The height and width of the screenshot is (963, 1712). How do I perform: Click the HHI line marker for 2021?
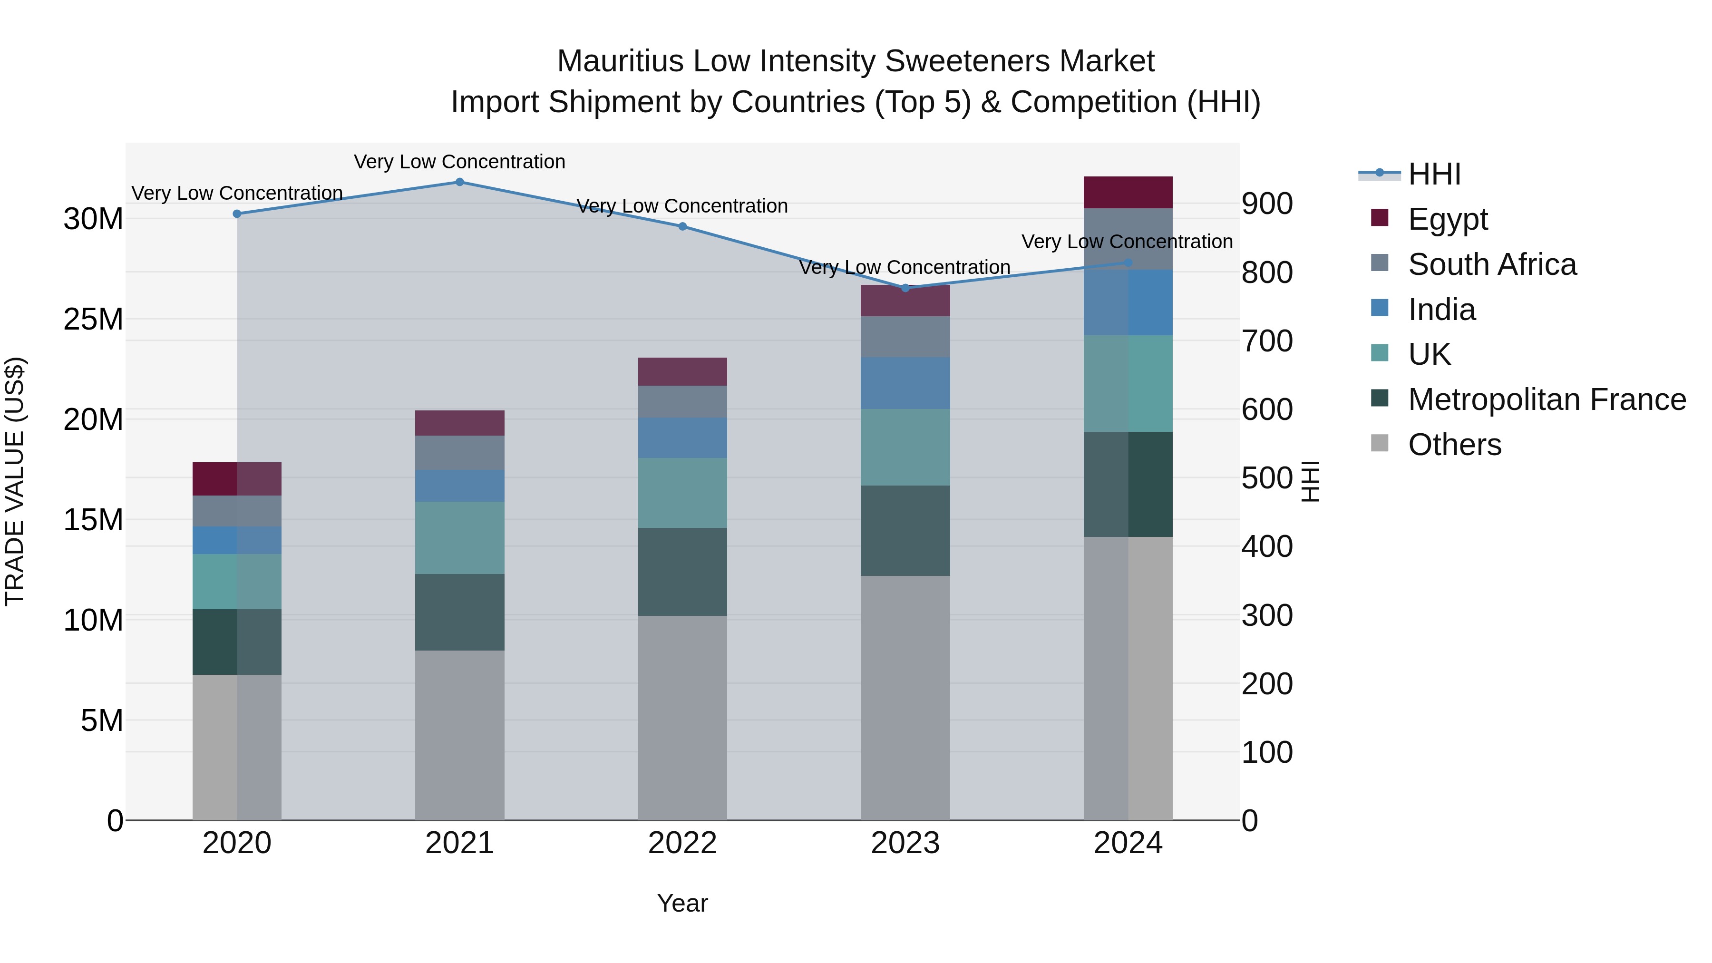[459, 182]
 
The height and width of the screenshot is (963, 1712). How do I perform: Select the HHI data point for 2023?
[905, 288]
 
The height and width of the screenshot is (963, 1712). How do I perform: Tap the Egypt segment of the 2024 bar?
[1128, 193]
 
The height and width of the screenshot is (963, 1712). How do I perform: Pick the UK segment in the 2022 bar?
[682, 493]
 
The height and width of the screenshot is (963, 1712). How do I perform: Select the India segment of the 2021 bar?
[459, 486]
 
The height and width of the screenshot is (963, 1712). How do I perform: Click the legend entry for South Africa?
[1491, 264]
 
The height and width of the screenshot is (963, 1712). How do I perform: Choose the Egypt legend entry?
[1448, 219]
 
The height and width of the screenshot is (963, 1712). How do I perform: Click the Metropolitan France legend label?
[1547, 399]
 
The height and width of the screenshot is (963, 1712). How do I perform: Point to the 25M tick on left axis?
[93, 320]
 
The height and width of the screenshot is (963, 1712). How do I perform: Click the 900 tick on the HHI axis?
[1267, 204]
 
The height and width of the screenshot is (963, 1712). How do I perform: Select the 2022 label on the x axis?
[682, 843]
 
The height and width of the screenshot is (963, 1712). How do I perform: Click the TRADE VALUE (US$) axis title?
[15, 481]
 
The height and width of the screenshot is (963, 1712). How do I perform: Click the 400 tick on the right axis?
[1267, 547]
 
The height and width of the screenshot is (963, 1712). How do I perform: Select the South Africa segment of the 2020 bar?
[237, 511]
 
